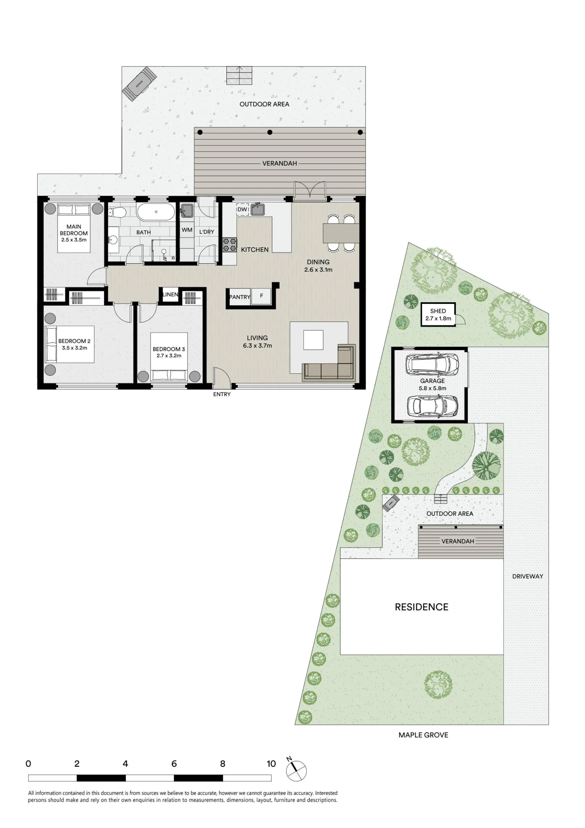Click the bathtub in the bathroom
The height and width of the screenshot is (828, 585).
point(156,212)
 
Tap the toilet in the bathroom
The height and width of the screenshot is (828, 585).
point(117,213)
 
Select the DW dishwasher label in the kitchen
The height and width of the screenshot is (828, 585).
point(242,209)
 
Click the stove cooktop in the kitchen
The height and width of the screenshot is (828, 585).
point(230,245)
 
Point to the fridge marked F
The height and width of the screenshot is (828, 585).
point(261,296)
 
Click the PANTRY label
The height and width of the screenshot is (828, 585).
point(240,297)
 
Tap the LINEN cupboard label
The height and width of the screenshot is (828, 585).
point(170,294)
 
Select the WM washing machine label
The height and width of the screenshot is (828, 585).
point(187,230)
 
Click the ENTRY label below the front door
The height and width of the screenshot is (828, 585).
point(222,394)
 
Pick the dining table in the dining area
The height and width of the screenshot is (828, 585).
point(341,233)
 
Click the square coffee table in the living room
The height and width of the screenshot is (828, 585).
point(313,340)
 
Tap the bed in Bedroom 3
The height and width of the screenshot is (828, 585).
point(169,356)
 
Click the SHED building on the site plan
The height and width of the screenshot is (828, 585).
point(438,315)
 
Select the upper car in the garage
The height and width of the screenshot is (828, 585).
point(433,364)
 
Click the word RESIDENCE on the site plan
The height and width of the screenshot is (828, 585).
point(421,607)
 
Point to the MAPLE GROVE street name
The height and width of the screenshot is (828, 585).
point(423,735)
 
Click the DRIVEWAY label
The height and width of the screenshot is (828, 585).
point(527,576)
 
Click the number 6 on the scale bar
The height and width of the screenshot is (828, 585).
point(174,763)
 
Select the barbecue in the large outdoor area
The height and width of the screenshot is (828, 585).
point(139,84)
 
